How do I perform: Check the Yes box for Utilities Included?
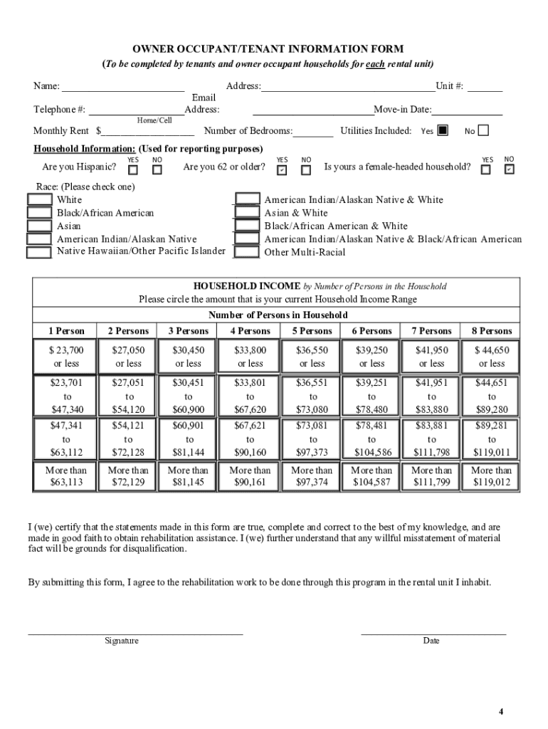pyautogui.click(x=443, y=130)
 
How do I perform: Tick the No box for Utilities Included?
pyautogui.click(x=484, y=130)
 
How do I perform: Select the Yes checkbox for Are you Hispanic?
pyautogui.click(x=133, y=170)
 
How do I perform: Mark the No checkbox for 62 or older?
pyautogui.click(x=306, y=170)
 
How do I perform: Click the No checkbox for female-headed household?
pyautogui.click(x=509, y=169)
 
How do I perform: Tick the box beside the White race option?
pyautogui.click(x=39, y=200)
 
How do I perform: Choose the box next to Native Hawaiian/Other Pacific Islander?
pyautogui.click(x=39, y=252)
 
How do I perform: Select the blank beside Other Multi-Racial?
pyautogui.click(x=247, y=252)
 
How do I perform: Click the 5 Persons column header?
pyautogui.click(x=312, y=331)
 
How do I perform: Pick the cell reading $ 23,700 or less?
pyautogui.click(x=67, y=357)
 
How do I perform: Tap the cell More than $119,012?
pyautogui.click(x=492, y=476)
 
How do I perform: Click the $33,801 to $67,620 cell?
pyautogui.click(x=250, y=396)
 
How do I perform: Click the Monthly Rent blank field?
pyautogui.click(x=147, y=132)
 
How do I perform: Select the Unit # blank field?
pyautogui.click(x=485, y=88)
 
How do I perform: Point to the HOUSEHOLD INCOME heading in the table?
pyautogui.click(x=252, y=286)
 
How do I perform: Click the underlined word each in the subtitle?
pyautogui.click(x=375, y=63)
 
